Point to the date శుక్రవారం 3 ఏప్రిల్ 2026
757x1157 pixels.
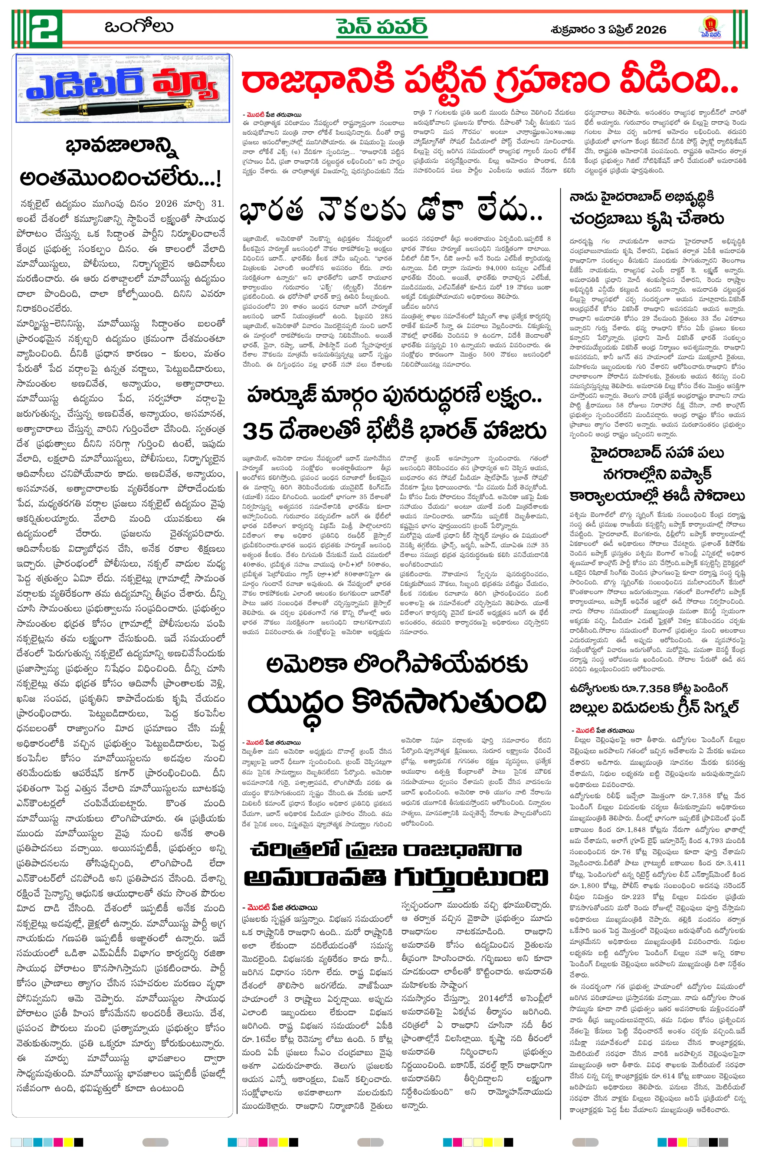608,30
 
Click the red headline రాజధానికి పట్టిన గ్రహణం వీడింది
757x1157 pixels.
489,82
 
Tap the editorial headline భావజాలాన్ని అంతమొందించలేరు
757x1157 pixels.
121,163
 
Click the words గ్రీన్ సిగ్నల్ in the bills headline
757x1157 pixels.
705,707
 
